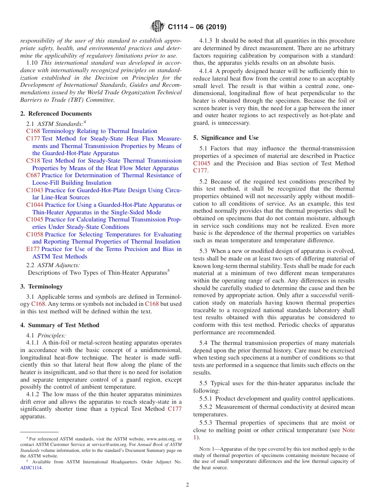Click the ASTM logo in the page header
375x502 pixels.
158,27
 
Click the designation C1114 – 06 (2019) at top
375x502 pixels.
197,27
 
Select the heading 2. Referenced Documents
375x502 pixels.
56,114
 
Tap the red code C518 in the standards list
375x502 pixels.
33,161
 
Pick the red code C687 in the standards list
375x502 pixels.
33,175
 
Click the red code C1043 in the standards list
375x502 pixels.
35,190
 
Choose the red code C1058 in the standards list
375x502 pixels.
35,234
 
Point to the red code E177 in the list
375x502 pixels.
33,249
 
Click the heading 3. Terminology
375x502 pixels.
41,287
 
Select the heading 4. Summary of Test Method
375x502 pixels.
60,325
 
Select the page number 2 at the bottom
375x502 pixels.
187,485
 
